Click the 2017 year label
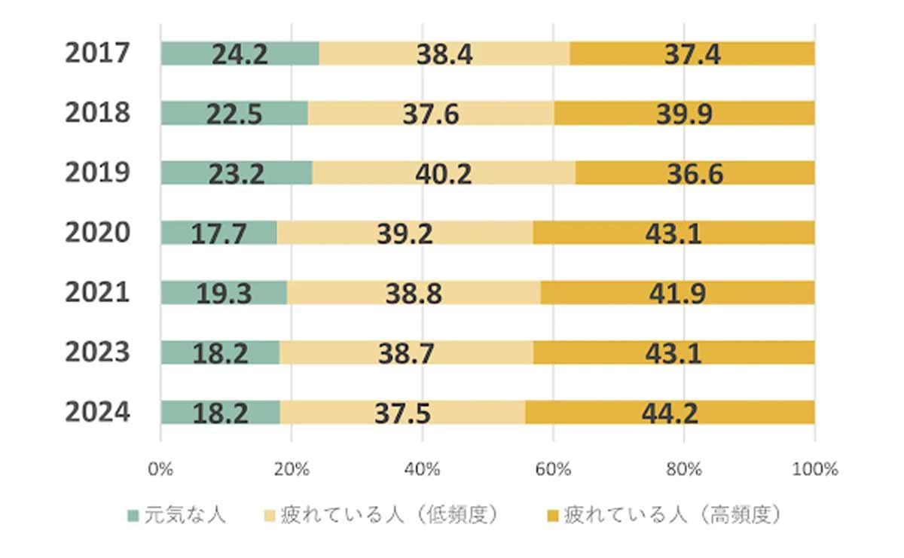pyautogui.click(x=98, y=53)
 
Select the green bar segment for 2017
pyautogui.click(x=240, y=53)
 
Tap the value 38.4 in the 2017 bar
pyautogui.click(x=445, y=53)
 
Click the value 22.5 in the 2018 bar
pyautogui.click(x=234, y=113)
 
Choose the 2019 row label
pyautogui.click(x=98, y=172)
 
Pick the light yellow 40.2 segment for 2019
pyautogui.click(x=444, y=173)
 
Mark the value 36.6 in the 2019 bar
pyautogui.click(x=695, y=173)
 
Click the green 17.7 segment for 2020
pyautogui.click(x=218, y=233)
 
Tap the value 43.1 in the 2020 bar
pyautogui.click(x=673, y=233)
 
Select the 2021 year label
pyautogui.click(x=98, y=292)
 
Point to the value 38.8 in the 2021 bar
pyautogui.click(x=413, y=292)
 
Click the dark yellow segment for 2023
pyautogui.click(x=674, y=352)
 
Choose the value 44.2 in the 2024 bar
pyautogui.click(x=670, y=412)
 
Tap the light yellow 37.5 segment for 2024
pyautogui.click(x=403, y=412)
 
